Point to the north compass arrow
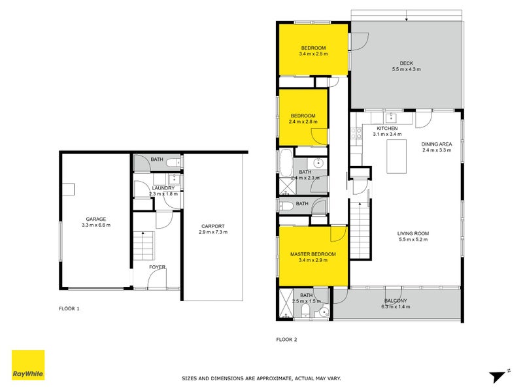(499, 376)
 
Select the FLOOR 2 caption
(286, 339)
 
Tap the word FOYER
(157, 267)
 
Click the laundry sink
(175, 180)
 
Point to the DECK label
(405, 63)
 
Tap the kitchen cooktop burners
(358, 134)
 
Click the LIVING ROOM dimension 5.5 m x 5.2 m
(413, 240)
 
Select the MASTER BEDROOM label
(313, 254)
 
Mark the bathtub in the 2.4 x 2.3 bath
(286, 164)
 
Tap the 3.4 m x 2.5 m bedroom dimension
(313, 54)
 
